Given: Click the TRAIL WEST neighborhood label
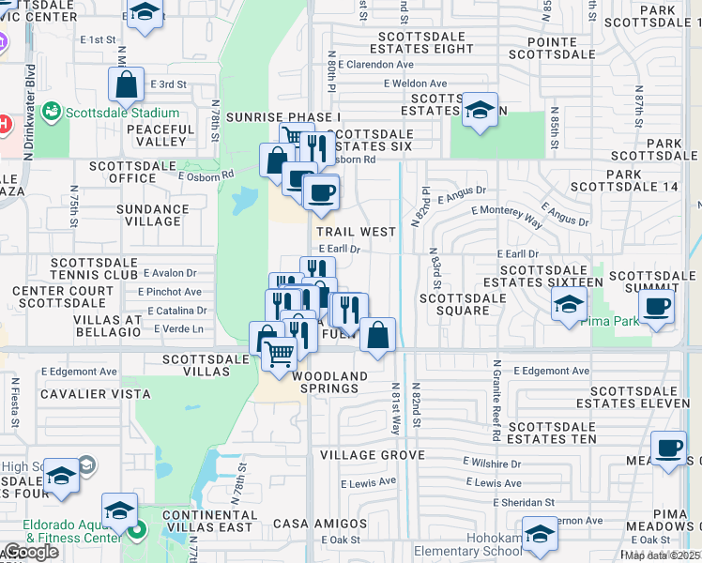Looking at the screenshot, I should coord(356,231).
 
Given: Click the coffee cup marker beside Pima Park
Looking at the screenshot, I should coord(656,306).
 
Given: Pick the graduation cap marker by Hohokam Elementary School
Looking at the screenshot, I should coord(540,534).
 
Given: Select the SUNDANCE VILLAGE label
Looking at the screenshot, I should coord(153,216).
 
